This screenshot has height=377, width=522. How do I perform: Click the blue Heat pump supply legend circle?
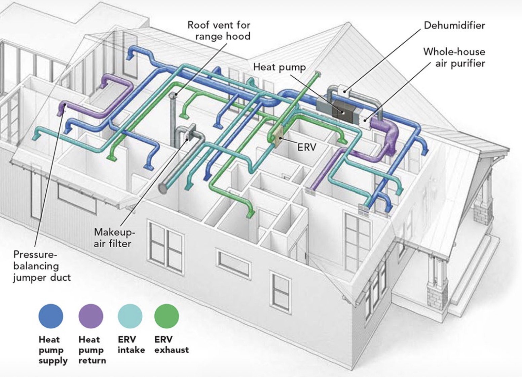click(x=51, y=316)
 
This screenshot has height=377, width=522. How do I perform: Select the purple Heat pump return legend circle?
click(x=91, y=316)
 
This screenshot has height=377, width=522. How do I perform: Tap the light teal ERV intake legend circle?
click(x=130, y=316)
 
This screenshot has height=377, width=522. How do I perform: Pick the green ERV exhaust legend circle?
click(x=166, y=316)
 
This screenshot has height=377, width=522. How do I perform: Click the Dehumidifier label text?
click(x=454, y=26)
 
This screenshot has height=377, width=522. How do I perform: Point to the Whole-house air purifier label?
click(x=454, y=57)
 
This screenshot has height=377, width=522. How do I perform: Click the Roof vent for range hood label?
click(x=219, y=30)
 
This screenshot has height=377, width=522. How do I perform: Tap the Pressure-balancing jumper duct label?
click(x=42, y=266)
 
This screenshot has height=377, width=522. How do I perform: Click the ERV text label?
click(x=306, y=147)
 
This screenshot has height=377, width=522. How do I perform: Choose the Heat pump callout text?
click(x=279, y=67)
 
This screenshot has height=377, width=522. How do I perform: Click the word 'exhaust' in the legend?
click(x=172, y=350)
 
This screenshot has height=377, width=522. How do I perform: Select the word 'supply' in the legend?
click(x=53, y=361)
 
